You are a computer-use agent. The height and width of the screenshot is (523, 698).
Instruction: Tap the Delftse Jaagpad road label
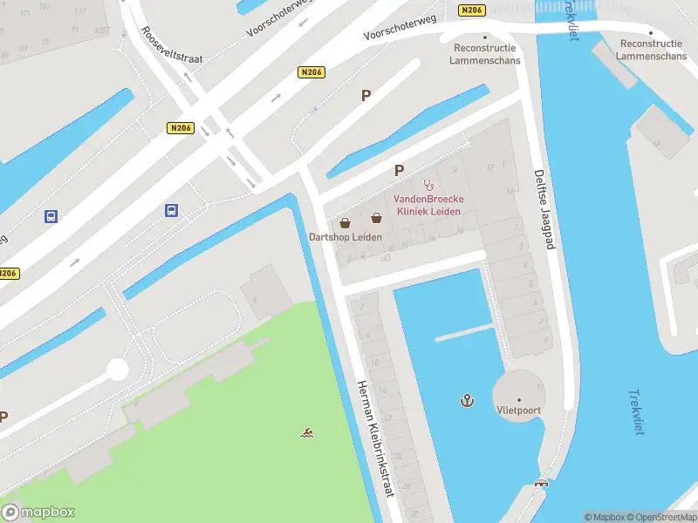(544, 210)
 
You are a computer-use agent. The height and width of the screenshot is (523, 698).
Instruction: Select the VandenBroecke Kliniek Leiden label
(429, 205)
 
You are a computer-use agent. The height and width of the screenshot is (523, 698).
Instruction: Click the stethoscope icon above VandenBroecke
(428, 184)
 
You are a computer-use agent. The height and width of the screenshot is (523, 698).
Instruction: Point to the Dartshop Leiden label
(346, 236)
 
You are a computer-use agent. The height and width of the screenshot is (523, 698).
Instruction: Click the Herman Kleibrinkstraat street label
(375, 439)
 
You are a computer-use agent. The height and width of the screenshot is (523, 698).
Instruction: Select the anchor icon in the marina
(467, 400)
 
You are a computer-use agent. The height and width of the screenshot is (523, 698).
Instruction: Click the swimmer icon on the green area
(306, 432)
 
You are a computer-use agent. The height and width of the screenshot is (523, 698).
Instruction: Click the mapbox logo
(38, 512)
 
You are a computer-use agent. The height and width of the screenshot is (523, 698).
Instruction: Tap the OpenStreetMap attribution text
(660, 517)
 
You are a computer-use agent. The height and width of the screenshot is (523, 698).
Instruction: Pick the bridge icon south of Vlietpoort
(543, 484)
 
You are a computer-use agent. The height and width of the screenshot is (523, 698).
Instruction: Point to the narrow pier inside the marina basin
(464, 332)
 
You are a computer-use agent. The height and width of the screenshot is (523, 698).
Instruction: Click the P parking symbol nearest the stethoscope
(400, 171)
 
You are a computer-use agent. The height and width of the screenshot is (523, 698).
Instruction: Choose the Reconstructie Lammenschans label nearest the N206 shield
(484, 54)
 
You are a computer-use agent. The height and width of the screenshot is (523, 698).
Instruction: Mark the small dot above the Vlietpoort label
(519, 400)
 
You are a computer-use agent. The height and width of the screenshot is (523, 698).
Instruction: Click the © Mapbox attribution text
(604, 517)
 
